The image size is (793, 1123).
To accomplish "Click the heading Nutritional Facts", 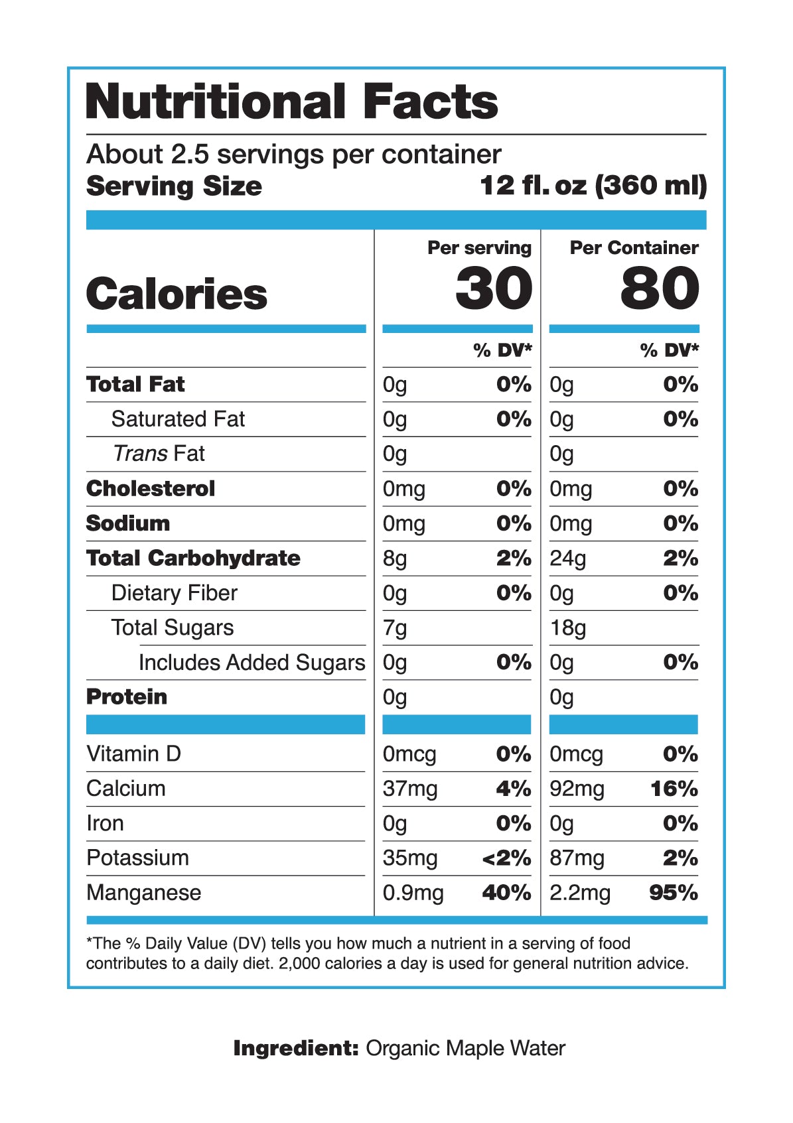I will (x=292, y=101).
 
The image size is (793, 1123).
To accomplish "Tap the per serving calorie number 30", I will (x=494, y=289).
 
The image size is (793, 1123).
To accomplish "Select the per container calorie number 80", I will (x=660, y=289).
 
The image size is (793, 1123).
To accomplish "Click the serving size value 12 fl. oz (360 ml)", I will (x=593, y=186).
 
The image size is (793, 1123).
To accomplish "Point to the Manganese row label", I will (x=143, y=893).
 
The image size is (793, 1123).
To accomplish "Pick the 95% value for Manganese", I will (x=673, y=893).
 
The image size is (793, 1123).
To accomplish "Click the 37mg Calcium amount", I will (x=410, y=789).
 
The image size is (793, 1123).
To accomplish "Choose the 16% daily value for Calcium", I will (x=674, y=789).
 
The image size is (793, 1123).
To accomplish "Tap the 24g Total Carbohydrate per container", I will (x=568, y=559).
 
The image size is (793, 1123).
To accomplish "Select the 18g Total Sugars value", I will (x=568, y=628).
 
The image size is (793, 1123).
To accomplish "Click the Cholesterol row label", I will (x=151, y=489).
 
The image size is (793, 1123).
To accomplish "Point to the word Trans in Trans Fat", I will (x=140, y=454).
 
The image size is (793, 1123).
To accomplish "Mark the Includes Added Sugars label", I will (x=252, y=663).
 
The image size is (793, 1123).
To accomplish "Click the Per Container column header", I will (x=634, y=248).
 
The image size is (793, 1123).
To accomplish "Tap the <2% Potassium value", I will (x=506, y=858).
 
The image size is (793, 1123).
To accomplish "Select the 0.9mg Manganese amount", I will (x=413, y=893).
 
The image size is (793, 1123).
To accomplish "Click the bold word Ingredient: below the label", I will (x=296, y=1048).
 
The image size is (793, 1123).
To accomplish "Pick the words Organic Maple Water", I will (x=465, y=1048).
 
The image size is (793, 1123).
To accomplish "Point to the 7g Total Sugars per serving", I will (x=395, y=628).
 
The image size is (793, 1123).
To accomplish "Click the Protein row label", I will (x=127, y=697).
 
